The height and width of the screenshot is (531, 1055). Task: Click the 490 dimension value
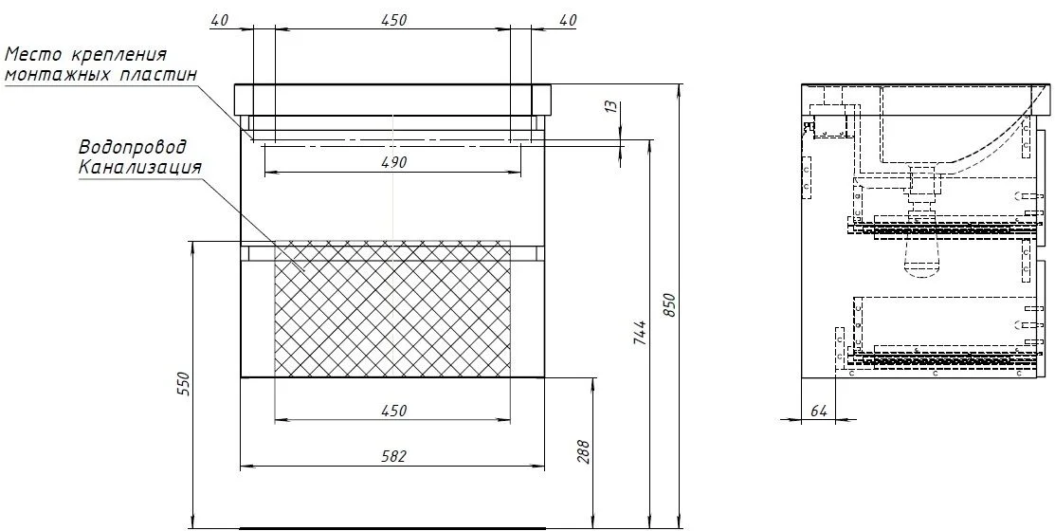(x=393, y=162)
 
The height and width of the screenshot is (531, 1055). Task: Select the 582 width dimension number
(x=393, y=456)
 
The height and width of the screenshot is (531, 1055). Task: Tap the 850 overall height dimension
(x=669, y=306)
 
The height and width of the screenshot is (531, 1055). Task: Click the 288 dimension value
(x=583, y=451)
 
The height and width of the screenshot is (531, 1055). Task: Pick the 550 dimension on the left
(x=187, y=384)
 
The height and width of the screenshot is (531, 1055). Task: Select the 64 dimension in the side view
(x=818, y=412)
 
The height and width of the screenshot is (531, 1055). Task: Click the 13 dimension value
(x=610, y=106)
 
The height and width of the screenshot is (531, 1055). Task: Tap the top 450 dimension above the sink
(x=393, y=20)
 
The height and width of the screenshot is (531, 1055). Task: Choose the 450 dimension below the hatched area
(x=393, y=411)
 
